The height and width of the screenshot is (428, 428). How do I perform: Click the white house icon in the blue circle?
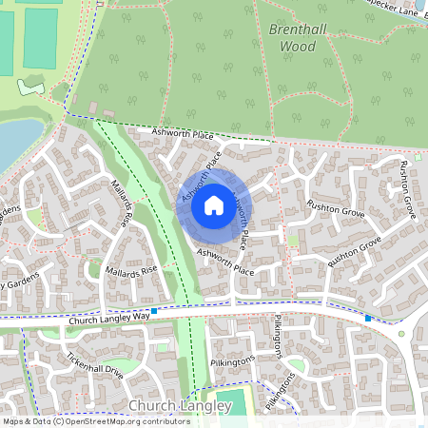214,205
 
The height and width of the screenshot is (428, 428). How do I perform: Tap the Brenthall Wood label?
298,37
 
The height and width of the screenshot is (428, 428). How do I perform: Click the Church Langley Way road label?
109,319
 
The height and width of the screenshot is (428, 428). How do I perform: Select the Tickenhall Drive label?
95,366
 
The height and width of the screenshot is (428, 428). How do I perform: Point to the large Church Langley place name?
179,406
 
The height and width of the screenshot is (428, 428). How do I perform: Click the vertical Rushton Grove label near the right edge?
407,190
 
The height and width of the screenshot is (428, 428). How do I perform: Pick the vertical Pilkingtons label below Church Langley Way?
279,338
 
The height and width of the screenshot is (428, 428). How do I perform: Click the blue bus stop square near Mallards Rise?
154,311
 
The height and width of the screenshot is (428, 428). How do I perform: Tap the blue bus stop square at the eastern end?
368,318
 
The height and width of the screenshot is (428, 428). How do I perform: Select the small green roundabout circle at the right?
401,334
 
